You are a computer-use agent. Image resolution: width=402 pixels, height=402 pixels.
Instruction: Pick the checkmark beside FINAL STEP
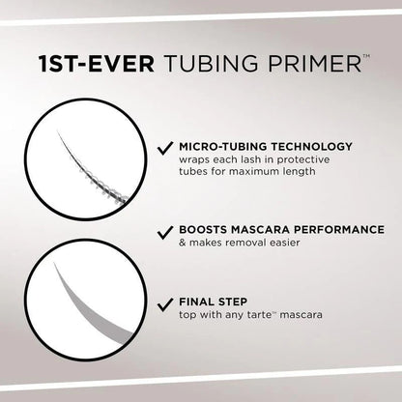[x=165, y=301]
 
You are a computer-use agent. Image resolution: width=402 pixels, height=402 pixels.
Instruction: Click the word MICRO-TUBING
[x=221, y=147]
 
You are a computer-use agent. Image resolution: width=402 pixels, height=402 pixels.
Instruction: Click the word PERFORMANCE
[x=338, y=231]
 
